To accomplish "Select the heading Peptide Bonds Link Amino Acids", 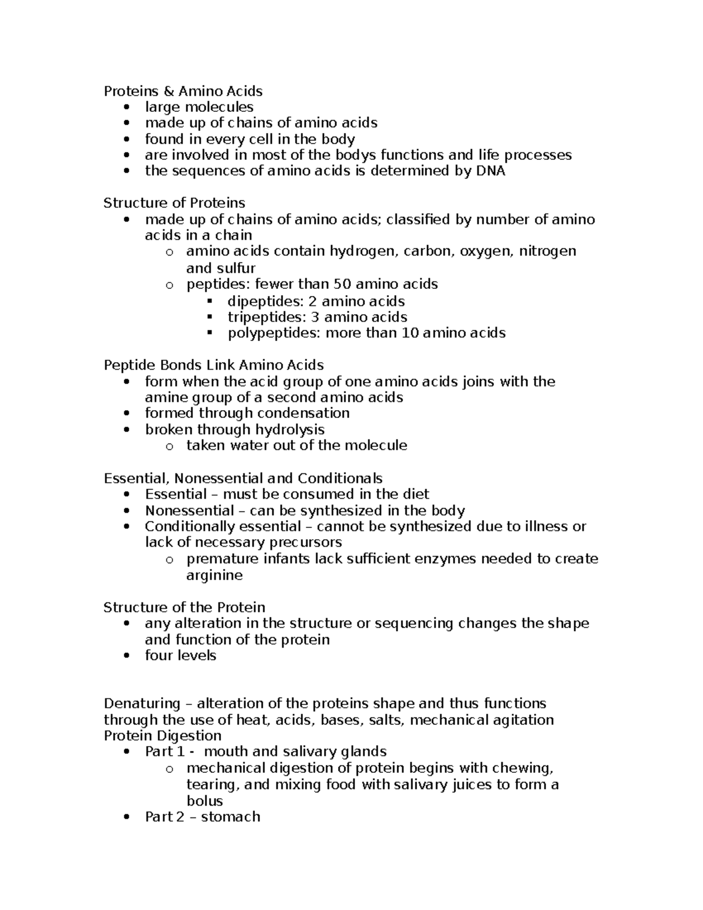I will (x=213, y=365).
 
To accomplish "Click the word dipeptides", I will (x=258, y=301).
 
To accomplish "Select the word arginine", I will (x=214, y=575).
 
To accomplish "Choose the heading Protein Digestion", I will (x=162, y=736).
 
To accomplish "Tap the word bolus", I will (x=204, y=801).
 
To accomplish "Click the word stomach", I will (x=230, y=817).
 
